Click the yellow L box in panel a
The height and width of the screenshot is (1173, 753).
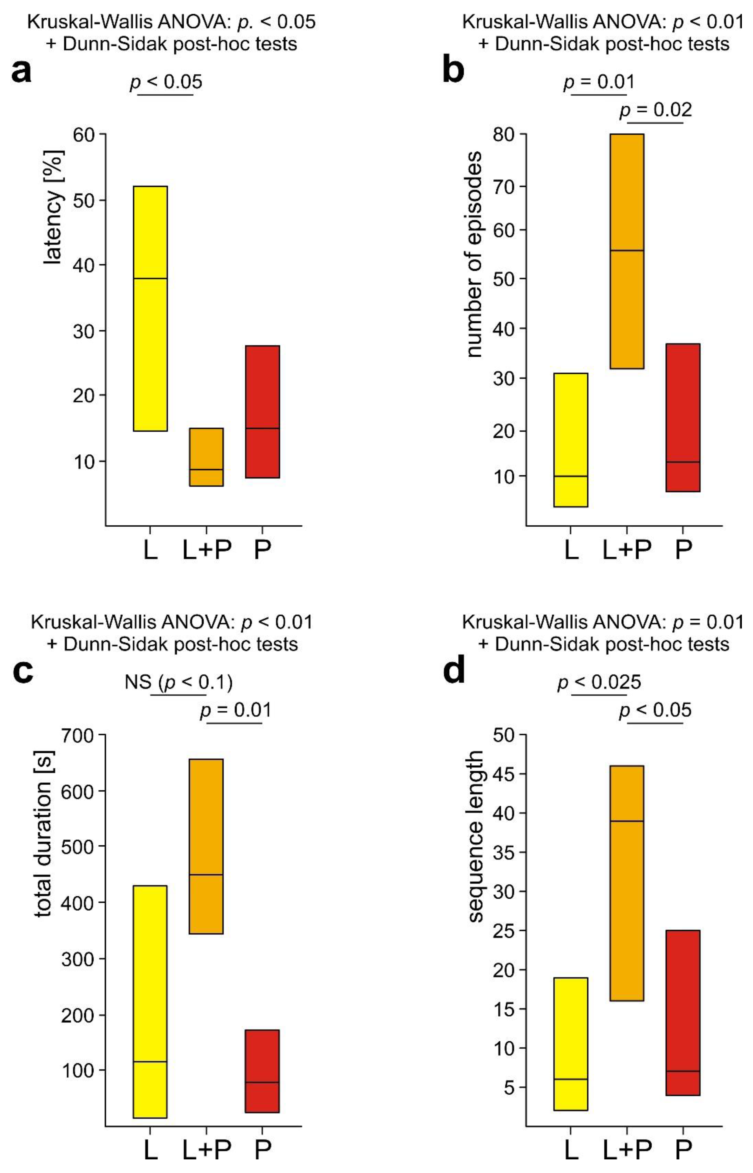(151, 308)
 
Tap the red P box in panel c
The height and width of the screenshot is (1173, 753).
(262, 1071)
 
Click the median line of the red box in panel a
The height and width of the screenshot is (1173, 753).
(262, 428)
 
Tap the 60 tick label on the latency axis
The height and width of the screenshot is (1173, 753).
(83, 134)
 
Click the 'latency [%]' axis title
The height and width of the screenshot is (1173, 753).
(53, 208)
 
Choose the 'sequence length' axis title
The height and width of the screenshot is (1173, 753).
(475, 836)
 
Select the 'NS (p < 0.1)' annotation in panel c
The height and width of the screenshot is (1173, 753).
(179, 682)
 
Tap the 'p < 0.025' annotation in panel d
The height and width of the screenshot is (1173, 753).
(599, 682)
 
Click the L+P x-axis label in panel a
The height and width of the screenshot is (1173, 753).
(206, 550)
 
